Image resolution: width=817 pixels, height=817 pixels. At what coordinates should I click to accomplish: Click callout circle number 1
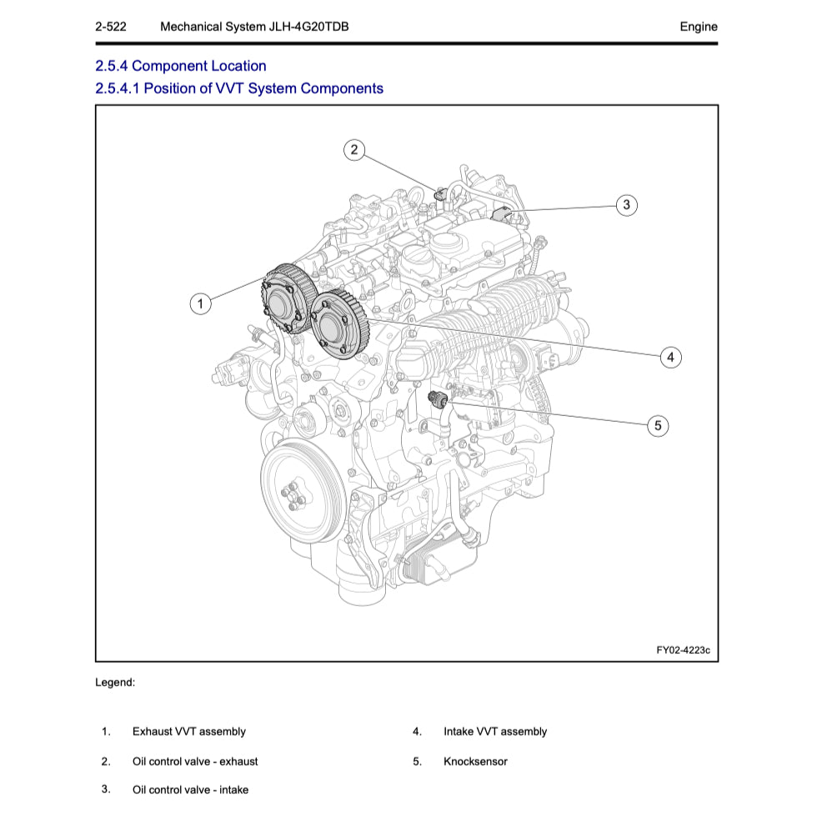point(200,303)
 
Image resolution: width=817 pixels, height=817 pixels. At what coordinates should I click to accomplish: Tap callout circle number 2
point(354,150)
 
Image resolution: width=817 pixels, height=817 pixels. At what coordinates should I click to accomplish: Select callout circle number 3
point(627,204)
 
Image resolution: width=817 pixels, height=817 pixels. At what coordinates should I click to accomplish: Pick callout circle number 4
point(670,358)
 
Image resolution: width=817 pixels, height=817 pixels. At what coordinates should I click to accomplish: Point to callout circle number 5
point(658,426)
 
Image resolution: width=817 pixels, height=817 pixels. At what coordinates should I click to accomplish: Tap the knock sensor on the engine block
point(435,398)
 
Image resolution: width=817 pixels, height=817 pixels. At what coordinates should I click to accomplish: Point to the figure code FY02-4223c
point(683,649)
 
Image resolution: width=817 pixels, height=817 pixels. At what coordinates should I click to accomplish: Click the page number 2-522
point(111,27)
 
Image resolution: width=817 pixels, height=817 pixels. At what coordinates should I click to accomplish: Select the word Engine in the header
point(698,27)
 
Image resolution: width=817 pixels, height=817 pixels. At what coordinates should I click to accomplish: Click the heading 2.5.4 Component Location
point(181,66)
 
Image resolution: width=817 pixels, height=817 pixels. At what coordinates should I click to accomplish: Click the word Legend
point(115,682)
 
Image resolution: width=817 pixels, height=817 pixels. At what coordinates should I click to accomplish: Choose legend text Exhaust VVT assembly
point(188,731)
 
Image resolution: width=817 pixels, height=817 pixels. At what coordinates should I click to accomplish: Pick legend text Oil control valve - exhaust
point(195,761)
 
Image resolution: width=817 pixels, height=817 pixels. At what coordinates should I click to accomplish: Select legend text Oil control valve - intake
point(190,789)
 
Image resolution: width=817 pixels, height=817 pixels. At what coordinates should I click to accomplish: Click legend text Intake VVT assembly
point(495,731)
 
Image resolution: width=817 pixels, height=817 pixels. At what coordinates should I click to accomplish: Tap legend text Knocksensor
point(475,761)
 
